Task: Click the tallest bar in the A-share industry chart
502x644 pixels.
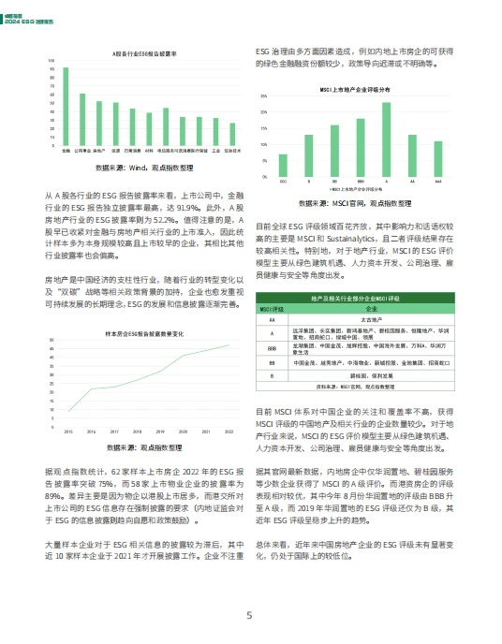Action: (x=66, y=107)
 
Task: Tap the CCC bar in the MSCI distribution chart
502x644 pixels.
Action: (x=283, y=161)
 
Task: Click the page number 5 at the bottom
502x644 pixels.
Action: (x=249, y=616)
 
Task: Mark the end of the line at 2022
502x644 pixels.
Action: (x=229, y=344)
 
